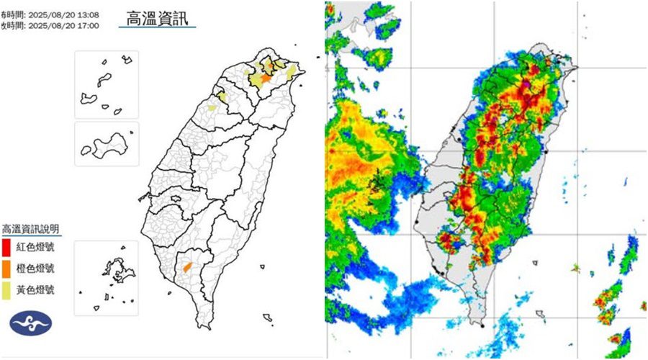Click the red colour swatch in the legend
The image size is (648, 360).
[6, 248]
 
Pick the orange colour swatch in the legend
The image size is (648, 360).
[6, 269]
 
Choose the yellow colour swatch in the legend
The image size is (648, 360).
[6, 290]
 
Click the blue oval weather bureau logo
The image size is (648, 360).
[30, 324]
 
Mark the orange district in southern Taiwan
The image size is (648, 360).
[187, 266]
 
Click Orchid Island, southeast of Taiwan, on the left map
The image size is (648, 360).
[267, 317]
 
